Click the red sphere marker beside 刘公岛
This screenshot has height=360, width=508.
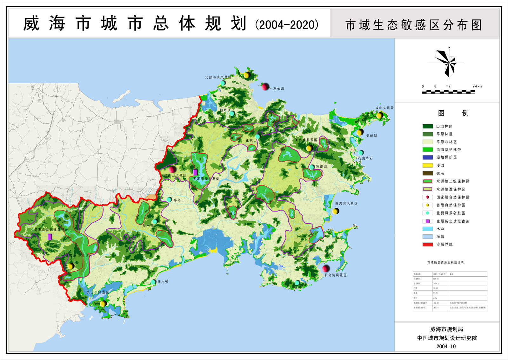(265, 87)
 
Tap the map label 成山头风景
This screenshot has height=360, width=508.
(384, 108)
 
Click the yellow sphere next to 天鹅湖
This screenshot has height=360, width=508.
(359, 132)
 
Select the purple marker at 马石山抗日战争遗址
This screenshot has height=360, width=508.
(50, 237)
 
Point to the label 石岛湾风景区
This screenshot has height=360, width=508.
(335, 275)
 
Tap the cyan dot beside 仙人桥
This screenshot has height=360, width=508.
(154, 282)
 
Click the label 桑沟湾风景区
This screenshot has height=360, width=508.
(346, 203)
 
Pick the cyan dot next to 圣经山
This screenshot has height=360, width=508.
(170, 199)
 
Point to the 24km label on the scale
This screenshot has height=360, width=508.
(477, 87)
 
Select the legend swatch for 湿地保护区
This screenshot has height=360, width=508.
(428, 157)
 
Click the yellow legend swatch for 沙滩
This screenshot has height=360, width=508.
(428, 165)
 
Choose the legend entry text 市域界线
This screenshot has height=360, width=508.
(444, 245)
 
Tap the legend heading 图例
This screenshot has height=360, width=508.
(453, 113)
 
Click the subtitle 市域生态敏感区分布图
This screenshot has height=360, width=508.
(414, 25)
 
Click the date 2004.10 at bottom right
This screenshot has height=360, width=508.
(446, 347)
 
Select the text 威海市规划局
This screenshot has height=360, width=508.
(446, 329)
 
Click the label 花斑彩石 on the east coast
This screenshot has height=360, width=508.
(365, 158)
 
